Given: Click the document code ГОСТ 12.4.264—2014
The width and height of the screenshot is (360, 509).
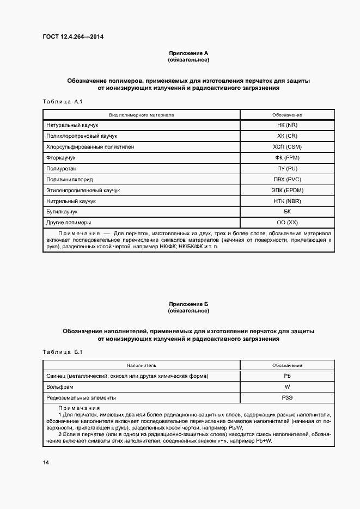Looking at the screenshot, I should (x=72, y=38).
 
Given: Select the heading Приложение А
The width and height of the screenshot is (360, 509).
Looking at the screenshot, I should (x=188, y=53).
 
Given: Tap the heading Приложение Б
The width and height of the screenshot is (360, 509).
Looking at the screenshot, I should (x=188, y=304).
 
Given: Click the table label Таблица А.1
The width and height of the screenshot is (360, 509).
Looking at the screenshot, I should (x=62, y=102).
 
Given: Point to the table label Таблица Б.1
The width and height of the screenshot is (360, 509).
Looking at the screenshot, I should (x=62, y=352).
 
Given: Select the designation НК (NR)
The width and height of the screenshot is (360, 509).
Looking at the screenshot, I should (x=287, y=125).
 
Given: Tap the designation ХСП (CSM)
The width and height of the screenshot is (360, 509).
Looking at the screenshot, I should (x=287, y=147).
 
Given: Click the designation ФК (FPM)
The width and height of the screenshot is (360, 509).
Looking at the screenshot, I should (x=287, y=158).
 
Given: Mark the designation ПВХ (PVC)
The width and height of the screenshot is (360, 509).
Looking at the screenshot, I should (x=287, y=179).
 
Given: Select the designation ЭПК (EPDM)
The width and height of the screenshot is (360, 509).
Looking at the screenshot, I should (x=287, y=191).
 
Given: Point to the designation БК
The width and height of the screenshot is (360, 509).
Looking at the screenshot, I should (x=287, y=212).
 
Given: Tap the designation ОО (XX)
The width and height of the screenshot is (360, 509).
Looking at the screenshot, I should (x=287, y=223).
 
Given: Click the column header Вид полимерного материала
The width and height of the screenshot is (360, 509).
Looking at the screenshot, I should (x=141, y=115).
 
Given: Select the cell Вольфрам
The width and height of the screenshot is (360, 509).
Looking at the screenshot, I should (x=59, y=387).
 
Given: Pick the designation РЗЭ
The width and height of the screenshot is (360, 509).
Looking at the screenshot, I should (x=287, y=398).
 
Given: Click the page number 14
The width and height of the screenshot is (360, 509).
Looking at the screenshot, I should (x=46, y=463).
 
